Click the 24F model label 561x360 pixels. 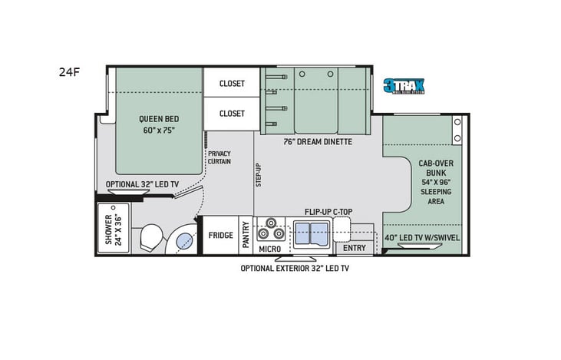[x=68, y=73]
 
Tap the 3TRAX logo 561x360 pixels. [x=403, y=86]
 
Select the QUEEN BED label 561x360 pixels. [x=159, y=124]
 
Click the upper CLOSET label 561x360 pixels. [x=232, y=84]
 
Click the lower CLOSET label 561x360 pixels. [x=232, y=114]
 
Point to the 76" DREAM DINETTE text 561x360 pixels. [x=317, y=141]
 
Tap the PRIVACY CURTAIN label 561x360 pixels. [x=219, y=157]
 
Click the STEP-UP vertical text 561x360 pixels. [x=259, y=174]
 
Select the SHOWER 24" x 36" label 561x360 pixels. [x=113, y=228]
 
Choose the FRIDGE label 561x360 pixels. [x=221, y=235]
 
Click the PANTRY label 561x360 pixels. [x=246, y=235]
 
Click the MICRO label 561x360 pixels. [x=269, y=249]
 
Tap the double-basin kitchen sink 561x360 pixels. [x=310, y=232]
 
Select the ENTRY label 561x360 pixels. [x=355, y=248]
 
